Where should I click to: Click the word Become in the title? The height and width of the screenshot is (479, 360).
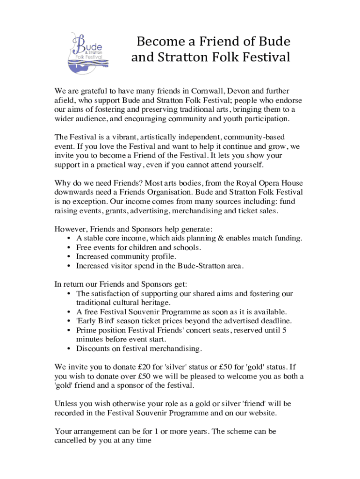pos(158,42)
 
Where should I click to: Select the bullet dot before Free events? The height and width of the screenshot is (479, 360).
pos(70,247)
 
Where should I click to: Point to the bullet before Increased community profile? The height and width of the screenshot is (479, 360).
pos(70,257)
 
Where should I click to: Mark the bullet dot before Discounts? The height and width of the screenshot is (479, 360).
pos(70,348)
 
